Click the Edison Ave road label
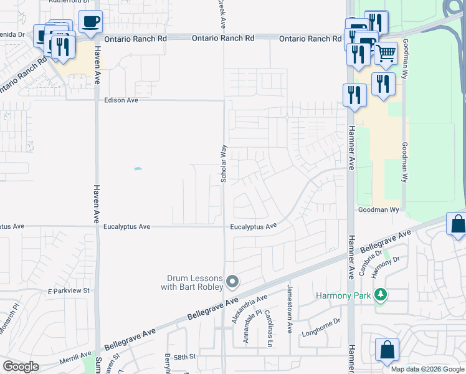coord(121,100)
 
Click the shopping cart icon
coord(386,54)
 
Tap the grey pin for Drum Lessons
coord(232,282)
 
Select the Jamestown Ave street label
coord(290,309)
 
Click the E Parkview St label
coord(69,290)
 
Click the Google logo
coord(21,367)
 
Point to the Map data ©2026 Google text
coord(428,369)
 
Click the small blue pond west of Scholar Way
coord(138,169)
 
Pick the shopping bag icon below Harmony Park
coord(387,351)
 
